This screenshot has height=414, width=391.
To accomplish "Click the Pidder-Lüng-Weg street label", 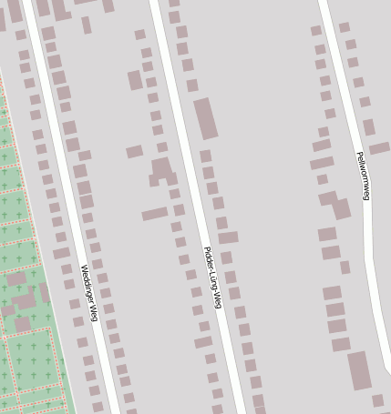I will (211, 278).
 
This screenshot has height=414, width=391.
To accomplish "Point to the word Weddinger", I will (86, 282).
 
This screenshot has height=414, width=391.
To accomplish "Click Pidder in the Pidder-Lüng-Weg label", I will (207, 256).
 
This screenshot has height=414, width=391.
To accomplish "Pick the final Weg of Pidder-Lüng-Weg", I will (216, 298).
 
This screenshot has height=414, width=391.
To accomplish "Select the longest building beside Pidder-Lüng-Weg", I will (206, 118).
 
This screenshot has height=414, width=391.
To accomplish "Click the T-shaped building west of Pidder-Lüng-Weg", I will (162, 169).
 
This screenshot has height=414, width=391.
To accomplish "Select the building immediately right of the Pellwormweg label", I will (379, 148).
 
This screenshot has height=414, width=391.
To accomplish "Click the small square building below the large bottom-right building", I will (377, 400).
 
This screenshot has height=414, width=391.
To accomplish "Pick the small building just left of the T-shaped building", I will (134, 152).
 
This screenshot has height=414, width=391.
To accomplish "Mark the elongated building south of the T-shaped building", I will (154, 214).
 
